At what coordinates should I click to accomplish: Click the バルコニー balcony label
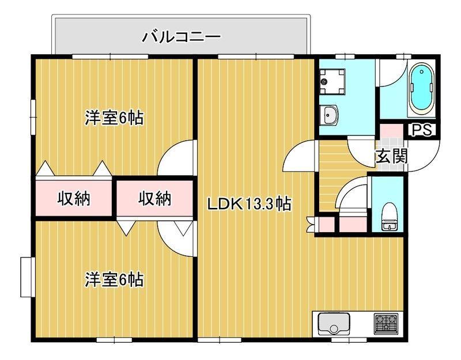[x=181, y=37]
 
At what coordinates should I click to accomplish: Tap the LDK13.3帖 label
[x=250, y=204]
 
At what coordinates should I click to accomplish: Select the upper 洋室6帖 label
[x=114, y=118]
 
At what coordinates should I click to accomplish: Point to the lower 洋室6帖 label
[x=114, y=279]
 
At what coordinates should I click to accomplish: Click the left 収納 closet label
[x=74, y=199]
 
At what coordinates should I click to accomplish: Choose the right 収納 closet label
[x=154, y=199]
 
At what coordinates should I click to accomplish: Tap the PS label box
[x=422, y=130]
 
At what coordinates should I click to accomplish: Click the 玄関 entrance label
[x=392, y=156]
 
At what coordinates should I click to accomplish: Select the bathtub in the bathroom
[x=422, y=90]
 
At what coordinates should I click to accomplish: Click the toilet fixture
[x=389, y=217]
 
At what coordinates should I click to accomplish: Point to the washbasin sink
[x=329, y=115]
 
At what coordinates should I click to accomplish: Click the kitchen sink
[x=334, y=324]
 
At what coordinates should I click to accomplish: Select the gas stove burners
[x=386, y=324]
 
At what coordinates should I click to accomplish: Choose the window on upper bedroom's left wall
[x=33, y=118]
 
